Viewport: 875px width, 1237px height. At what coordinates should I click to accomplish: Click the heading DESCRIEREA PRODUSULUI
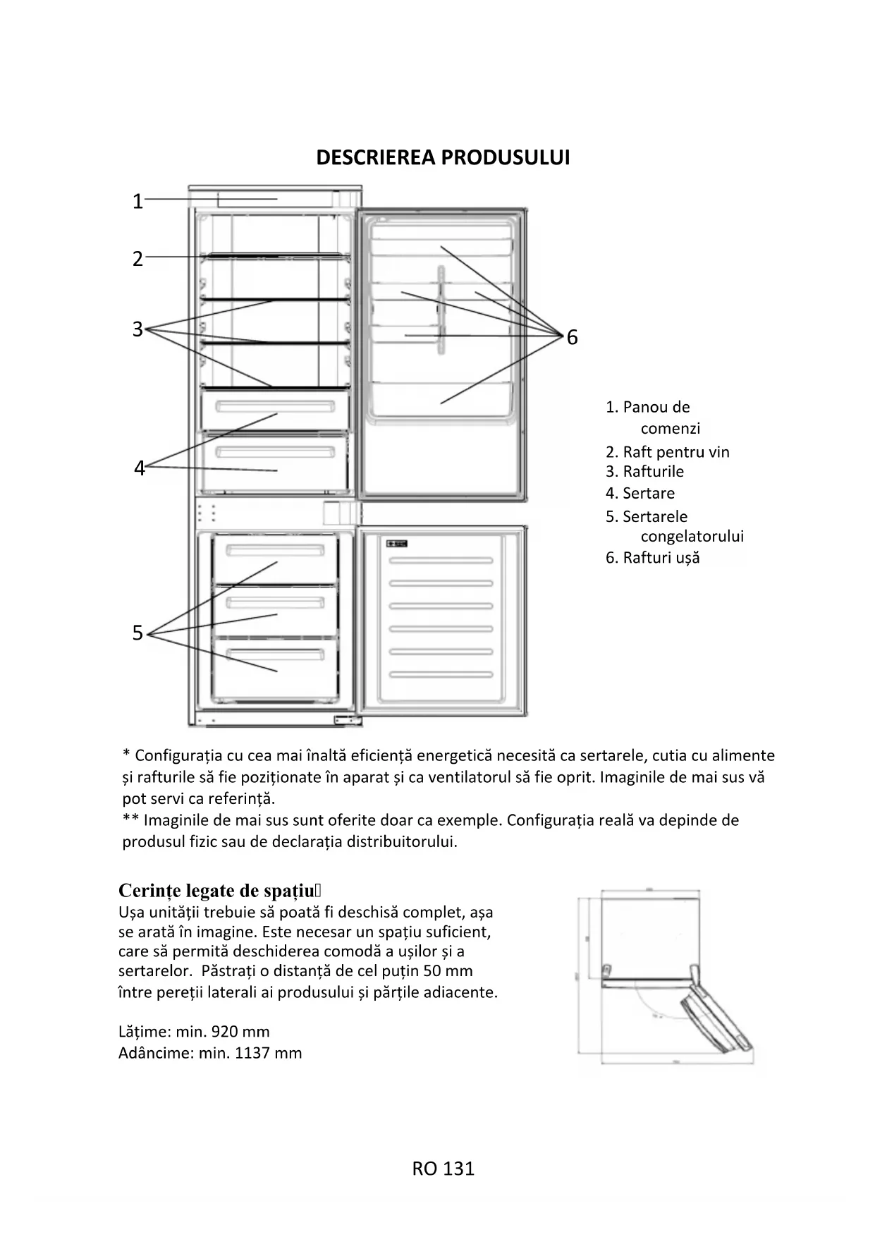pyautogui.click(x=442, y=157)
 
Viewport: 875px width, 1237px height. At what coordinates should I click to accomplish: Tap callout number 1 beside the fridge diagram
pyautogui.click(x=137, y=202)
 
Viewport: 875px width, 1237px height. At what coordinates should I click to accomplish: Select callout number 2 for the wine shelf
pyautogui.click(x=137, y=259)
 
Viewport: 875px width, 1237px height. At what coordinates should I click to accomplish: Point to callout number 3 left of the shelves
pyautogui.click(x=137, y=329)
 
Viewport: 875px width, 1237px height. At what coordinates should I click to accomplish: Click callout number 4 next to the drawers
pyautogui.click(x=139, y=468)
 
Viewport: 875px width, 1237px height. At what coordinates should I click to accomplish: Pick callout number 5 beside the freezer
pyautogui.click(x=137, y=633)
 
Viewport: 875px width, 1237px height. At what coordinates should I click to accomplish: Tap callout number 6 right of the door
pyautogui.click(x=572, y=338)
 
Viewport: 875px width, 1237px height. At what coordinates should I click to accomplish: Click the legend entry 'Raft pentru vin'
pyautogui.click(x=675, y=452)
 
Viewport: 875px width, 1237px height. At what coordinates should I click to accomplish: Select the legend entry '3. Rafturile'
pyautogui.click(x=644, y=471)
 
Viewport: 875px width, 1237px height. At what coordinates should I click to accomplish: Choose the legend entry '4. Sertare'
pyautogui.click(x=640, y=493)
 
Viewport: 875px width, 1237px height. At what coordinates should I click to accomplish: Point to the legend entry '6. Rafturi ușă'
pyautogui.click(x=652, y=558)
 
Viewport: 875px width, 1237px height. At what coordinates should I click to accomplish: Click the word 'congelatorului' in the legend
pyautogui.click(x=692, y=536)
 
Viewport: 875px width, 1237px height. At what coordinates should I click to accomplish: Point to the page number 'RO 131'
pyautogui.click(x=443, y=1169)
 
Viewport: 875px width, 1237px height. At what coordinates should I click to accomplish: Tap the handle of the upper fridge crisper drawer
pyautogui.click(x=275, y=407)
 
